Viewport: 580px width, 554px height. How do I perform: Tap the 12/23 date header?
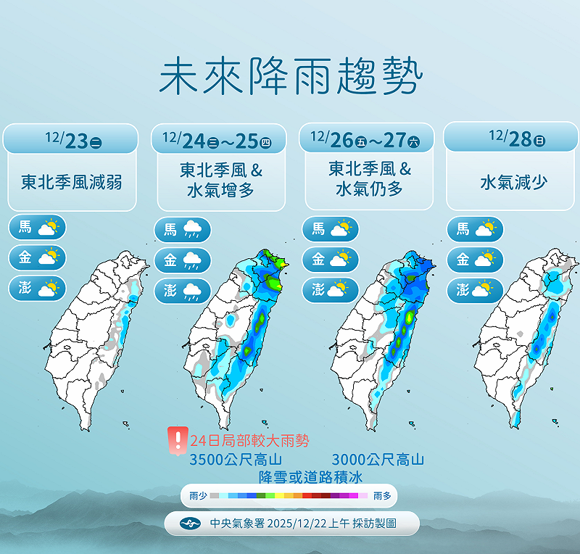(71, 138)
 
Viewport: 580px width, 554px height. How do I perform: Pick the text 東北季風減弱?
(71, 181)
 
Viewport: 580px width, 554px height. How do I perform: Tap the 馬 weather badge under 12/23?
(37, 228)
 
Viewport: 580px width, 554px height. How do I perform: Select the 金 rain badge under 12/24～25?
(182, 260)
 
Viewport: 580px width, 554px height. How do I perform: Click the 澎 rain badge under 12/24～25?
(182, 291)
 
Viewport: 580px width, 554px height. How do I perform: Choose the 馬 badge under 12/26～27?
(331, 229)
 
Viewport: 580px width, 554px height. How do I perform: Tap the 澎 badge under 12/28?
(475, 290)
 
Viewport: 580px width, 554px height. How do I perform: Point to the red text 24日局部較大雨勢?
(249, 440)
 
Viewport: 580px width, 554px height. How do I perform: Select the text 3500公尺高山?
(235, 459)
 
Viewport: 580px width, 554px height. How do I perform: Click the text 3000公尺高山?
(378, 459)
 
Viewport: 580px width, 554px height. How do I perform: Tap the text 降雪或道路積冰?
(310, 476)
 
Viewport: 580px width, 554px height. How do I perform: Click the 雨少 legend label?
(197, 497)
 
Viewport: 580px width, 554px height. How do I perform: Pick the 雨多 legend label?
(383, 497)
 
